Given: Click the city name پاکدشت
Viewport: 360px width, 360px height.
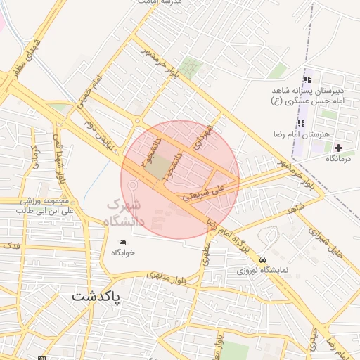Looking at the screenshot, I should pyautogui.click(x=96, y=296).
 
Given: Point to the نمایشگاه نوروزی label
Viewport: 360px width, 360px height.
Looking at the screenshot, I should pyautogui.click(x=263, y=269).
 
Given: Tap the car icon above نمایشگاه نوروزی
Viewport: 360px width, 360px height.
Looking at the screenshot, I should pyautogui.click(x=263, y=259).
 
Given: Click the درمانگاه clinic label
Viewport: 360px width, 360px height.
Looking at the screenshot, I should pyautogui.click(x=340, y=160).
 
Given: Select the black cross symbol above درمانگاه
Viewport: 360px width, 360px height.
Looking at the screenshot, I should pyautogui.click(x=339, y=148).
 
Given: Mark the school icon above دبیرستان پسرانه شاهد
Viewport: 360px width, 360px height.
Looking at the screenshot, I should pyautogui.click(x=306, y=79).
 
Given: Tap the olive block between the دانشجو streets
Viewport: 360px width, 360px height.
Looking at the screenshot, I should pyautogui.click(x=160, y=167).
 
